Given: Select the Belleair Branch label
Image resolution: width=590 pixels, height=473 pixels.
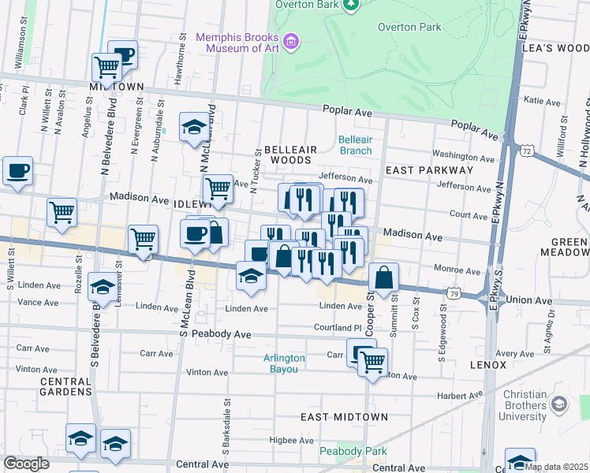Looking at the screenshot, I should [x=355, y=145].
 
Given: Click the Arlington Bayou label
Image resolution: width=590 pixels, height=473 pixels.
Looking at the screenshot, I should [x=284, y=363].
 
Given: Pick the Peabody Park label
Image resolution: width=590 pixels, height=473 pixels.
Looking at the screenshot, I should [x=342, y=451].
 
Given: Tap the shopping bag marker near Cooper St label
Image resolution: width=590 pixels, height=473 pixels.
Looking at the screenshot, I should [x=383, y=278].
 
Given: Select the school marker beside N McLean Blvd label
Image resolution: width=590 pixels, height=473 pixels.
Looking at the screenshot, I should [x=193, y=127].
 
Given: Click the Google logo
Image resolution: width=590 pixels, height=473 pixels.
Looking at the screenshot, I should [x=26, y=464].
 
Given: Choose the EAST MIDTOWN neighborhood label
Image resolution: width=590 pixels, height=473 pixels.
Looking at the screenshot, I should [x=344, y=416].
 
